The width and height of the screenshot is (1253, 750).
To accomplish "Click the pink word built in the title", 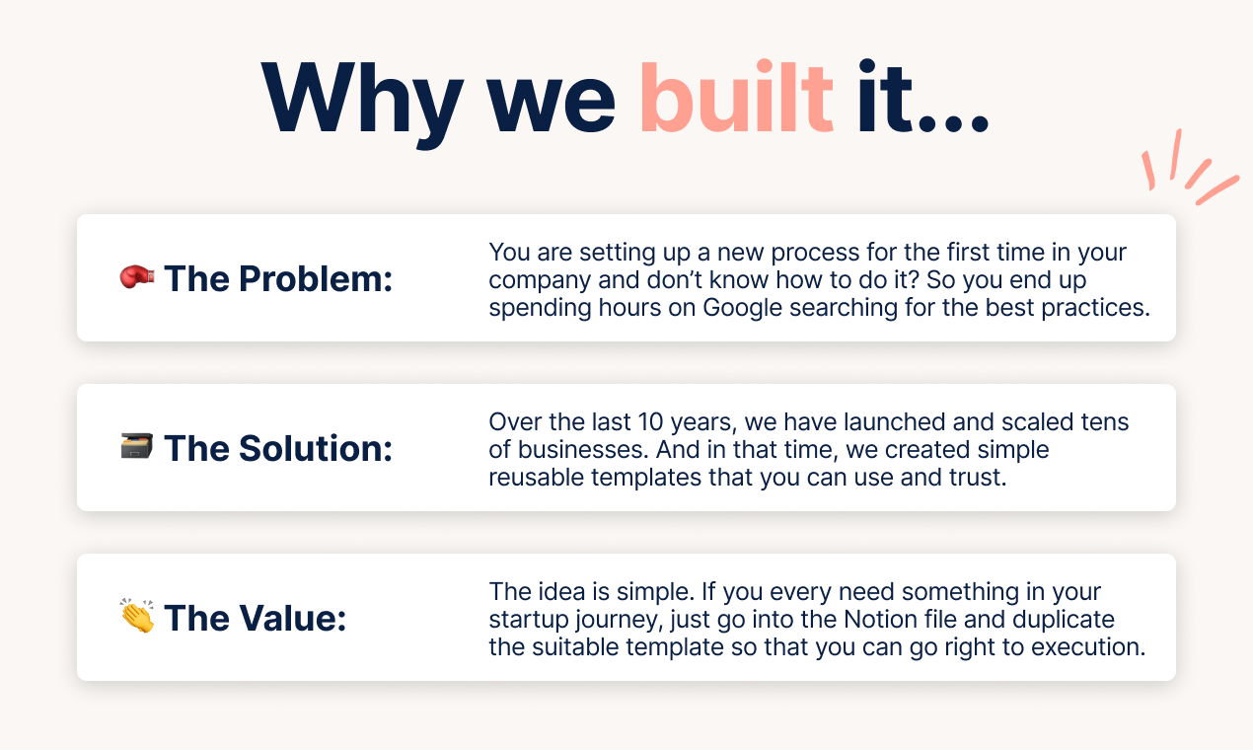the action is click(x=737, y=98).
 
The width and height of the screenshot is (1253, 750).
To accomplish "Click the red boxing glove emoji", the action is click(x=137, y=276).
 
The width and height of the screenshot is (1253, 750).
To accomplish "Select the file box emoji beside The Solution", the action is click(x=137, y=446).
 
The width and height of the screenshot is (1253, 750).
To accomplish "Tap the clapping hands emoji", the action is click(x=137, y=616).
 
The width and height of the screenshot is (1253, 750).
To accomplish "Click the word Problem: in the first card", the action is click(x=316, y=278).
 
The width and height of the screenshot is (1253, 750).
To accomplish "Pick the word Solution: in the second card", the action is click(x=316, y=448).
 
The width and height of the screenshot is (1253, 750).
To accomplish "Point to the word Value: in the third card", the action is click(x=293, y=618).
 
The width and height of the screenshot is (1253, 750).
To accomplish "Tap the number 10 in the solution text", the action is click(x=650, y=422).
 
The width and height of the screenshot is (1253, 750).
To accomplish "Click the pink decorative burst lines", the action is click(x=1189, y=167).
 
